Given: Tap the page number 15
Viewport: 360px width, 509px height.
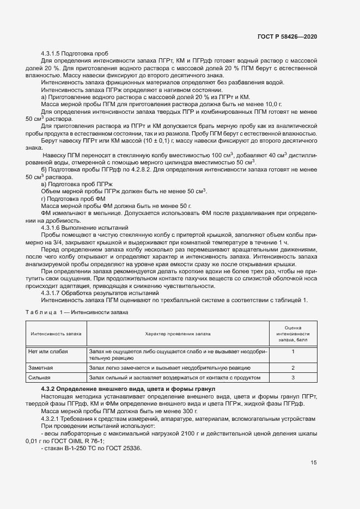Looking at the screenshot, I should [314, 463].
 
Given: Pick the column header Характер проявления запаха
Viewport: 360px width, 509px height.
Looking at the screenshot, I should [178, 333].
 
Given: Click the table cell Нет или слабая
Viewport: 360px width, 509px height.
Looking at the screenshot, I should [48, 352].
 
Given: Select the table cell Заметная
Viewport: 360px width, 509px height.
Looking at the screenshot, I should [40, 369].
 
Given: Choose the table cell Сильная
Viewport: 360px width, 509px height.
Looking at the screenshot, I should [39, 377].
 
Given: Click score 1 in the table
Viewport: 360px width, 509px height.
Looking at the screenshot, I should [293, 352].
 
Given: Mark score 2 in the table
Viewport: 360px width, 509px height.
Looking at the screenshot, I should [293, 369].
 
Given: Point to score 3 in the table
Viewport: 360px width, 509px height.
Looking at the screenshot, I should [293, 377].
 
